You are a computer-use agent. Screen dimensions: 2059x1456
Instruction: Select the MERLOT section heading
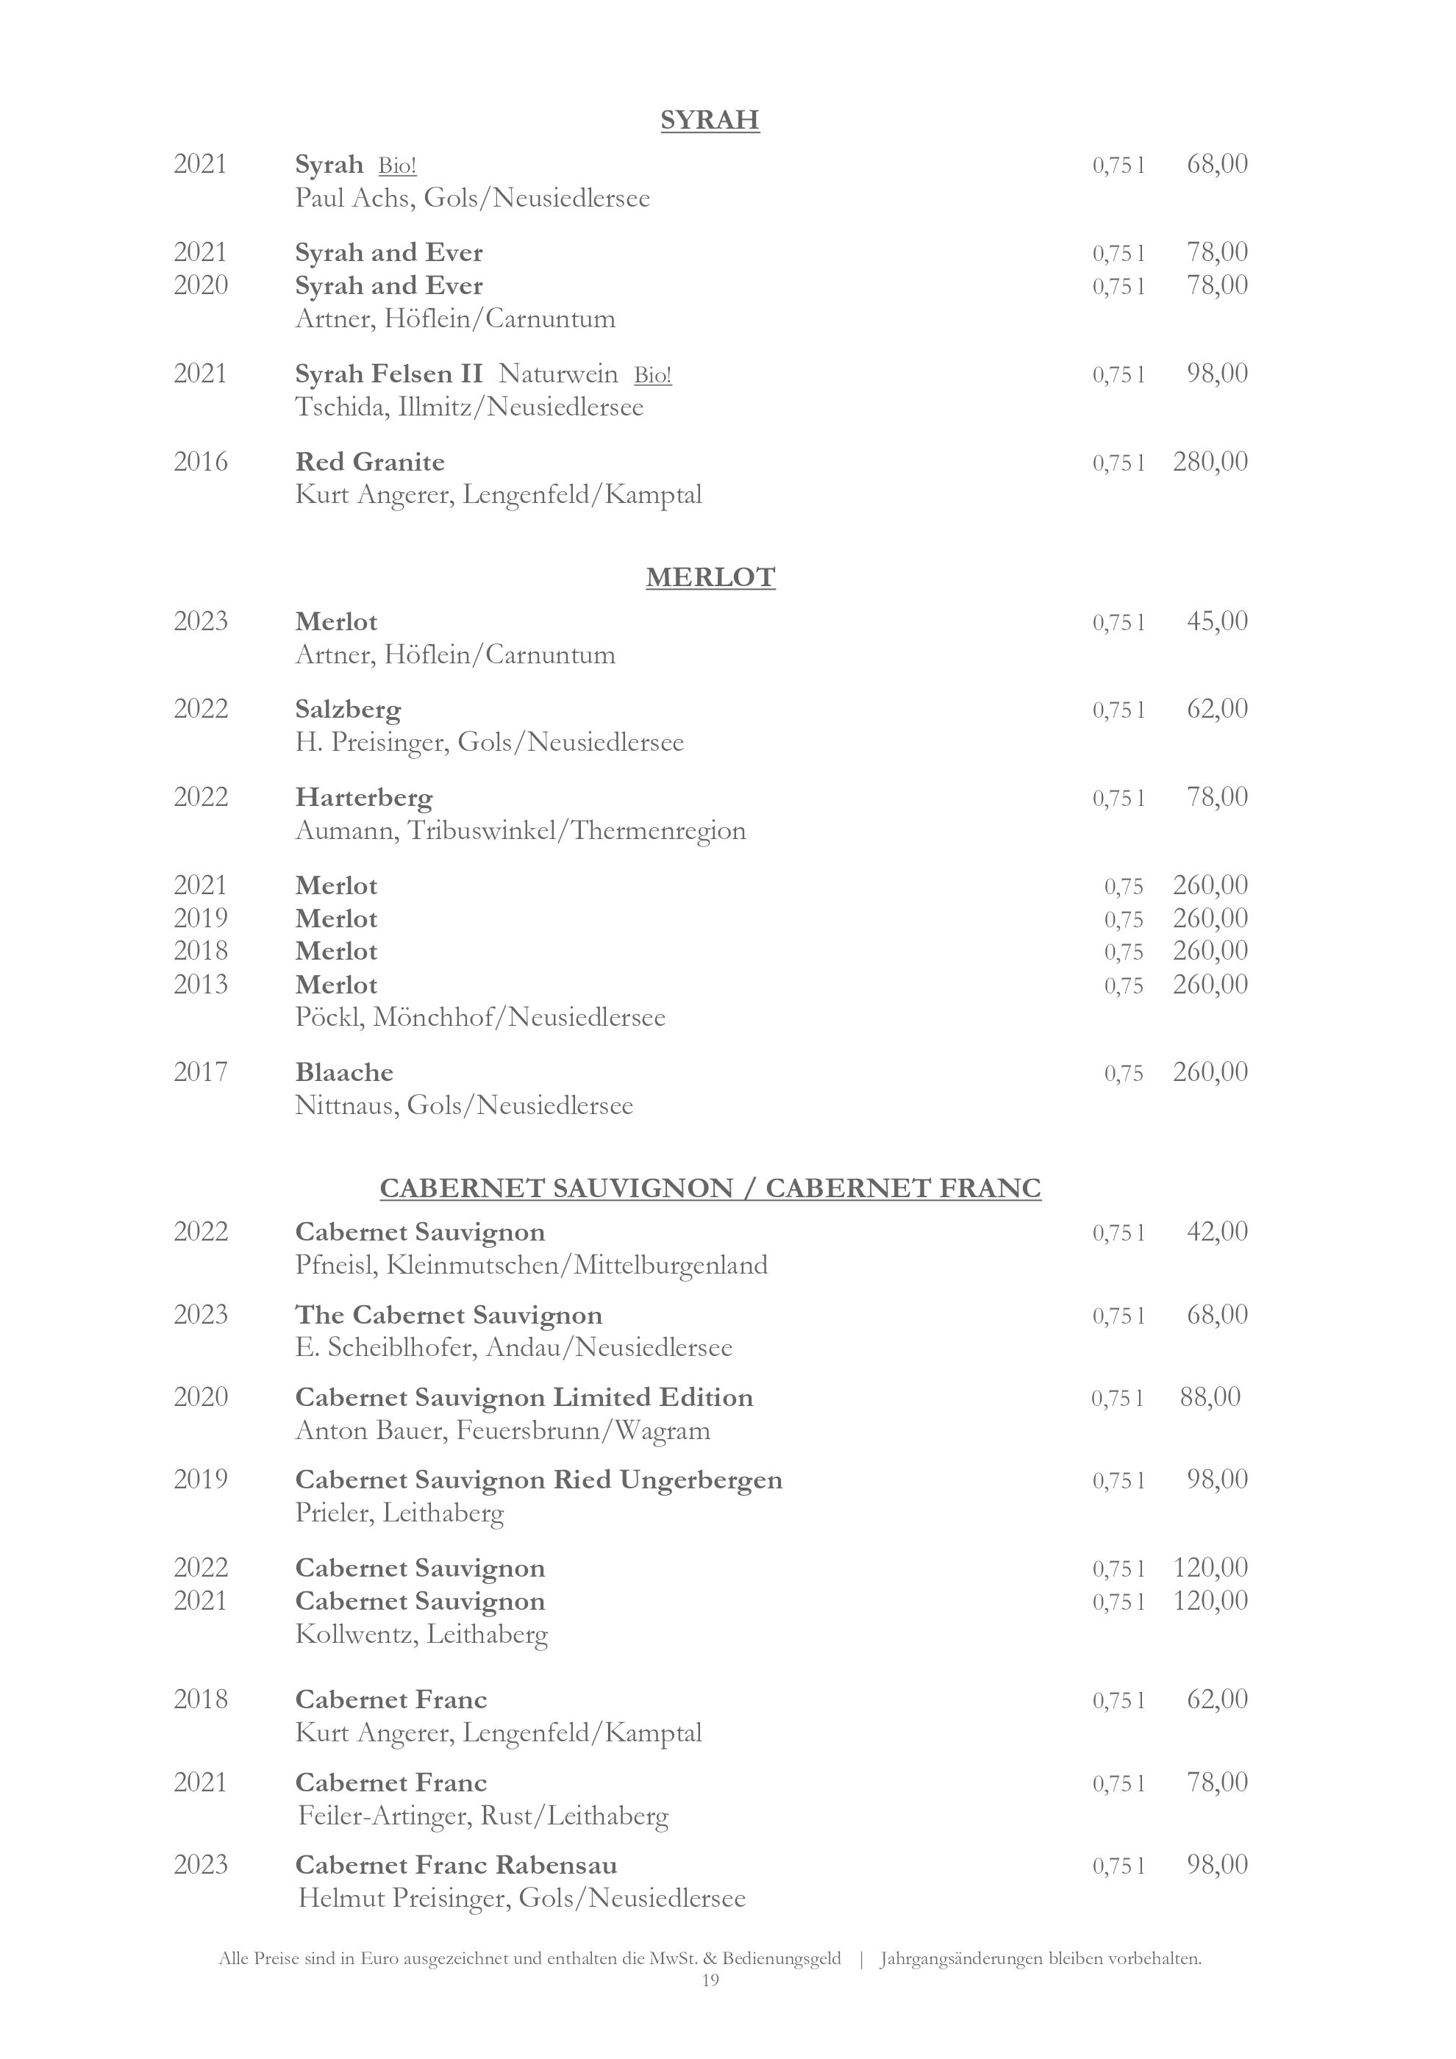click(x=710, y=577)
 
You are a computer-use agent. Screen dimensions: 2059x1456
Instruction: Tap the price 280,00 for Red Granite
click(x=1210, y=462)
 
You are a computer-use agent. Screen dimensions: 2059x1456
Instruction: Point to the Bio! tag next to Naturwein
click(x=653, y=375)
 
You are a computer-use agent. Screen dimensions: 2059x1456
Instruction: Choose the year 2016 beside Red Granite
click(x=201, y=462)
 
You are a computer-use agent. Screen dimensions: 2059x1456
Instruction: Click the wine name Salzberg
click(x=348, y=710)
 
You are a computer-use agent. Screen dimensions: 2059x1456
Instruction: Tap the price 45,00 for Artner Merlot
click(x=1216, y=621)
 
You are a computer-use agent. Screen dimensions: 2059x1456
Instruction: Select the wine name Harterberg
click(x=364, y=797)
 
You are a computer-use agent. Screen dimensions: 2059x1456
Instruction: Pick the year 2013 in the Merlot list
click(x=201, y=984)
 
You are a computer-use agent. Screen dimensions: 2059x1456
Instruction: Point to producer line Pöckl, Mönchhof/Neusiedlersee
click(x=480, y=1017)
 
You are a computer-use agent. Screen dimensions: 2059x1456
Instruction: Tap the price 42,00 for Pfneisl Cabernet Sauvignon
click(x=1216, y=1231)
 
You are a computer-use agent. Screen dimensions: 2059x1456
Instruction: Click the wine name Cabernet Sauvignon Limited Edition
click(x=524, y=1397)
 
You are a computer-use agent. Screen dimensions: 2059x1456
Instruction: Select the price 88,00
click(x=1210, y=1396)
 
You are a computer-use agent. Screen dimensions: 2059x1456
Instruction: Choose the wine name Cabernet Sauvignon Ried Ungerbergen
click(x=539, y=1480)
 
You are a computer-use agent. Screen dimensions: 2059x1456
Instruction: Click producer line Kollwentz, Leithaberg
click(x=421, y=1634)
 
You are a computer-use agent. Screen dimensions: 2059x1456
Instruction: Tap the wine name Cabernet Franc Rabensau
click(x=457, y=1866)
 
